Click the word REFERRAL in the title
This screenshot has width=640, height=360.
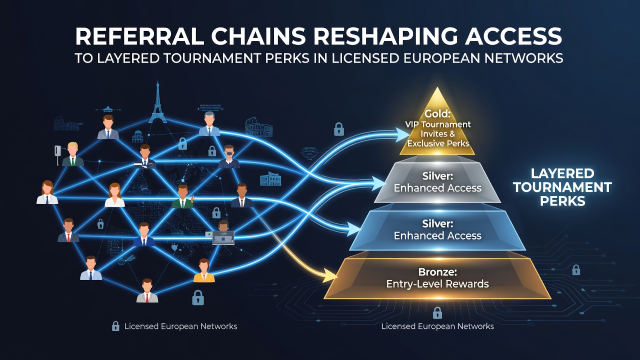[x=139, y=36]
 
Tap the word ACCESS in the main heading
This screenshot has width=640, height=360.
[x=513, y=36]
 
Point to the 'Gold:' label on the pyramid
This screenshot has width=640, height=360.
[x=437, y=113]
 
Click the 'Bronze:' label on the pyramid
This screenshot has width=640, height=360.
[x=437, y=271]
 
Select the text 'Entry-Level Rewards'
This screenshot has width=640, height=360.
[x=437, y=284]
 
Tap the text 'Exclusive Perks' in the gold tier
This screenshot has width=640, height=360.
[x=438, y=143]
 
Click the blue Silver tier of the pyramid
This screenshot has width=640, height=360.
[x=437, y=230]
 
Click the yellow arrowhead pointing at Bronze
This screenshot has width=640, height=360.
[x=330, y=276]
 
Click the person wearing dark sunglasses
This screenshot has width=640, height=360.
[x=229, y=156]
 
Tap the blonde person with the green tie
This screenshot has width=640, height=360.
[x=72, y=154]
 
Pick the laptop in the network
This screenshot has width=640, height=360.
[x=223, y=237]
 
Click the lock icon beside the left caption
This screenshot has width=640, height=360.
[x=115, y=326]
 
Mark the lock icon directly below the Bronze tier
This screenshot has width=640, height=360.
[x=437, y=313]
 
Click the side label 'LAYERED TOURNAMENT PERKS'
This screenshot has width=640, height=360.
[x=562, y=187]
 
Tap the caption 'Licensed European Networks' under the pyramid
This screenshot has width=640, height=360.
[x=437, y=326]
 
